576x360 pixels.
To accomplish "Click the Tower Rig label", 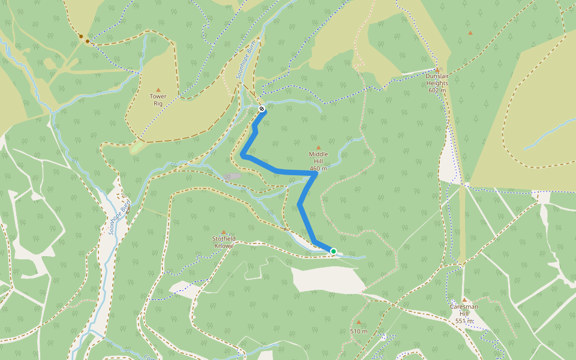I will (x=158, y=100).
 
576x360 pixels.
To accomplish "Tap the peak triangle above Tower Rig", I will (x=158, y=89).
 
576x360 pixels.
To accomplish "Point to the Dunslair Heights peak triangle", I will (x=437, y=70).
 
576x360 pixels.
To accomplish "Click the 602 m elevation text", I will (x=437, y=90).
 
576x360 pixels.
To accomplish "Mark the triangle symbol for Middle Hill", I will (x=319, y=147).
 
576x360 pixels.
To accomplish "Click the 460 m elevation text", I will (x=319, y=169).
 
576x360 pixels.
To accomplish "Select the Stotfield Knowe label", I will (x=224, y=242).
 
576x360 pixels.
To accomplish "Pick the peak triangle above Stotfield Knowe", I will (x=224, y=232).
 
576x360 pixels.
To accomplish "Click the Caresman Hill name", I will (x=464, y=310).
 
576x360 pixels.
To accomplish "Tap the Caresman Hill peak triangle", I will (x=464, y=299).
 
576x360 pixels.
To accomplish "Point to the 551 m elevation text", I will (x=464, y=321).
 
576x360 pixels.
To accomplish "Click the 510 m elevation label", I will (x=359, y=331).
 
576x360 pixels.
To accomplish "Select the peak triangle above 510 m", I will (x=359, y=322).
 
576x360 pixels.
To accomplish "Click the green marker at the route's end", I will (x=333, y=251).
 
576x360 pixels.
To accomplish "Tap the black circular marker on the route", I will (x=262, y=109).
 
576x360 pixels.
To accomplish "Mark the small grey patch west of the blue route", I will (x=232, y=176).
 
